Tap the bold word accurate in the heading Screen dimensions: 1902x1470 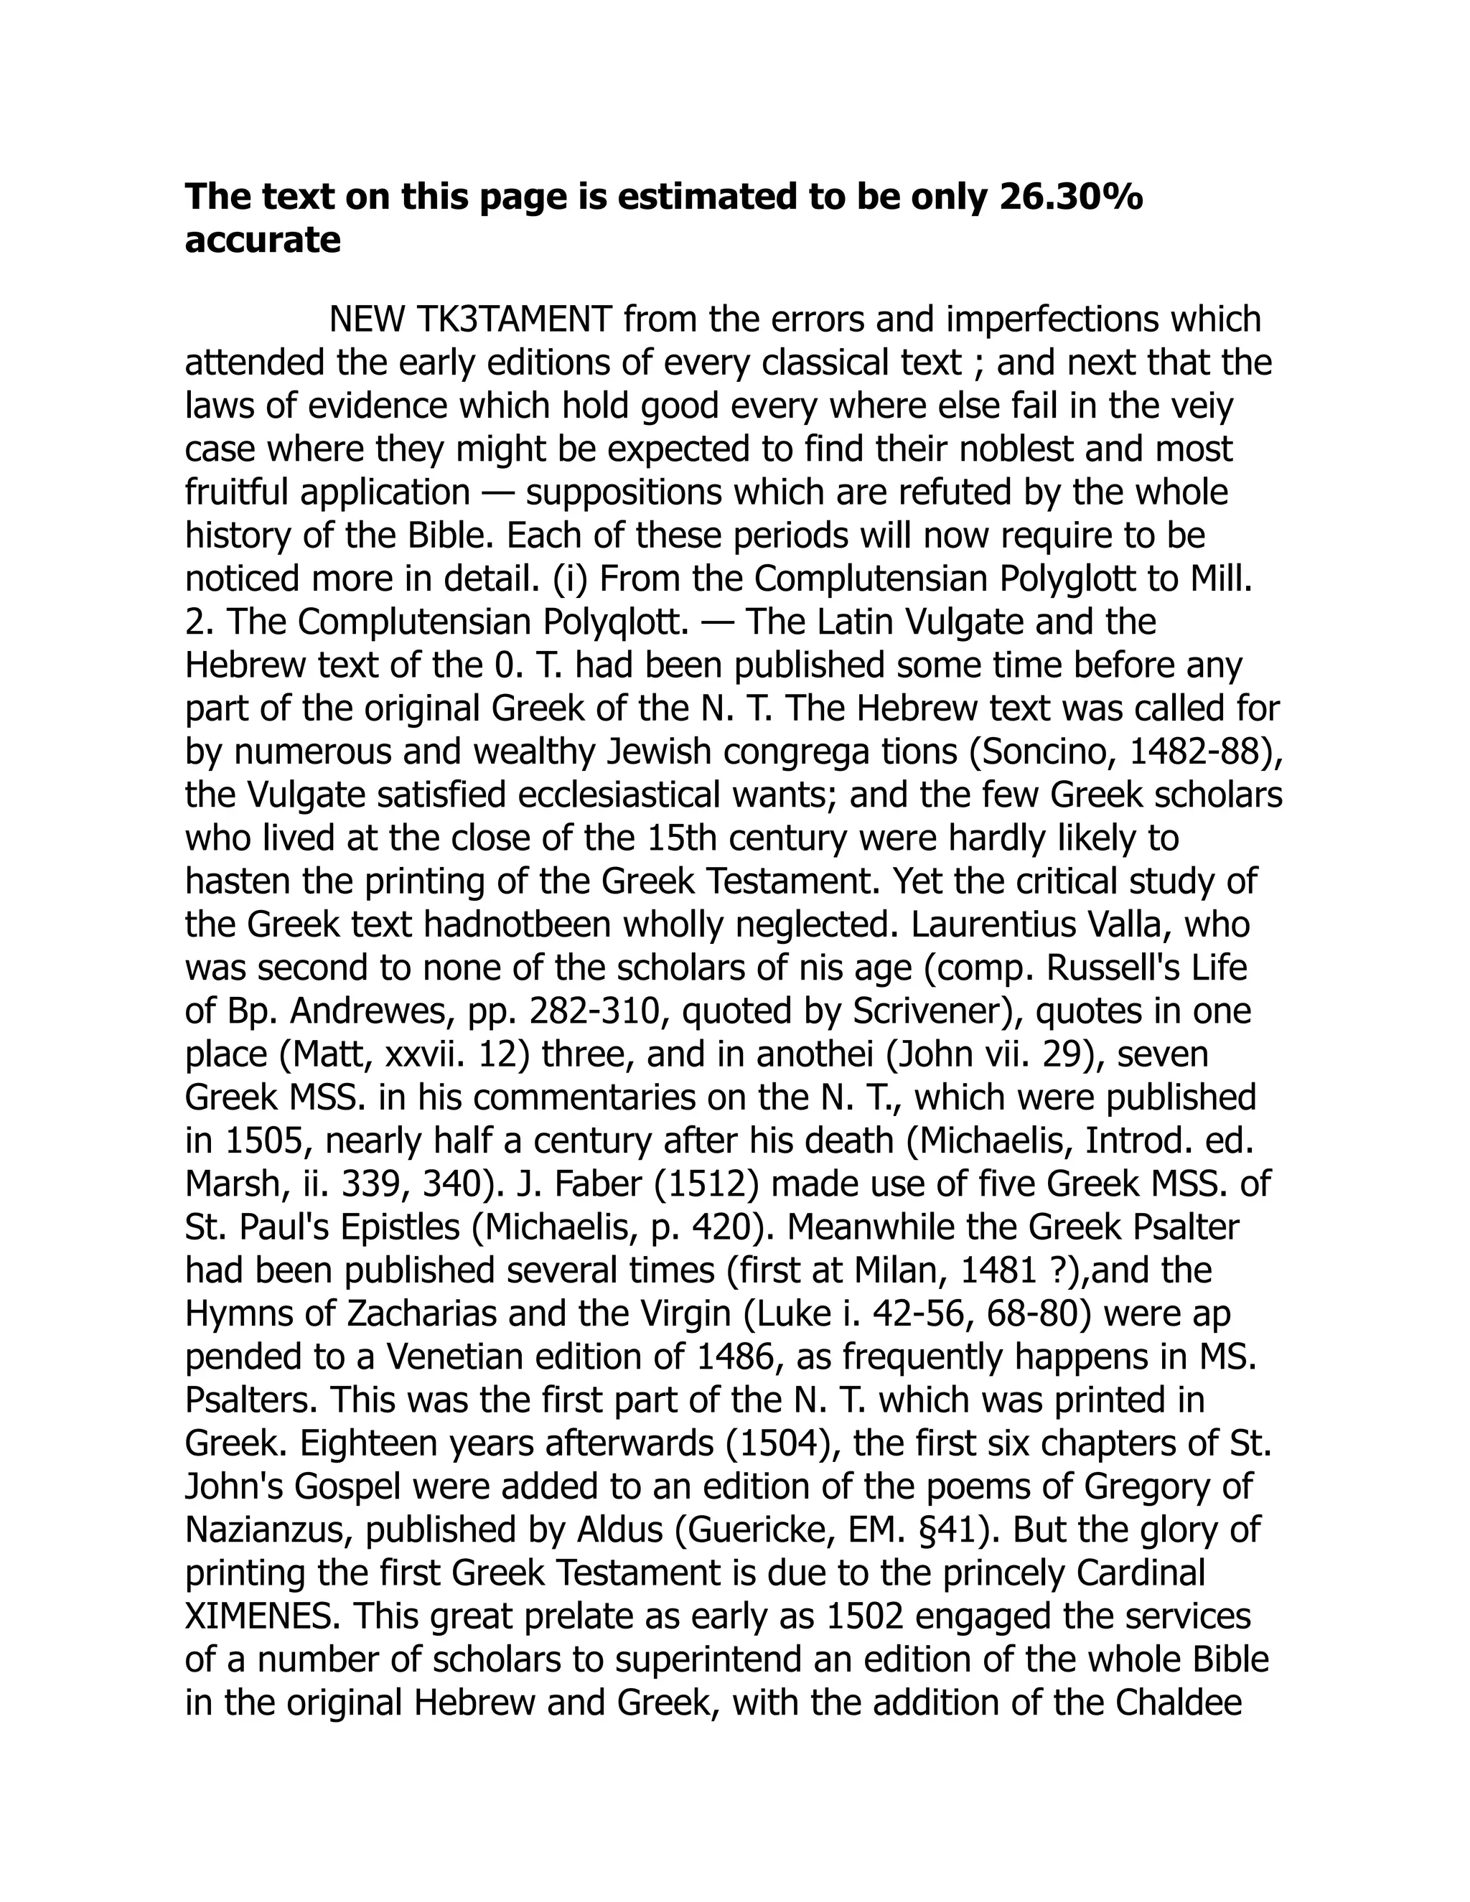[262, 240]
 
